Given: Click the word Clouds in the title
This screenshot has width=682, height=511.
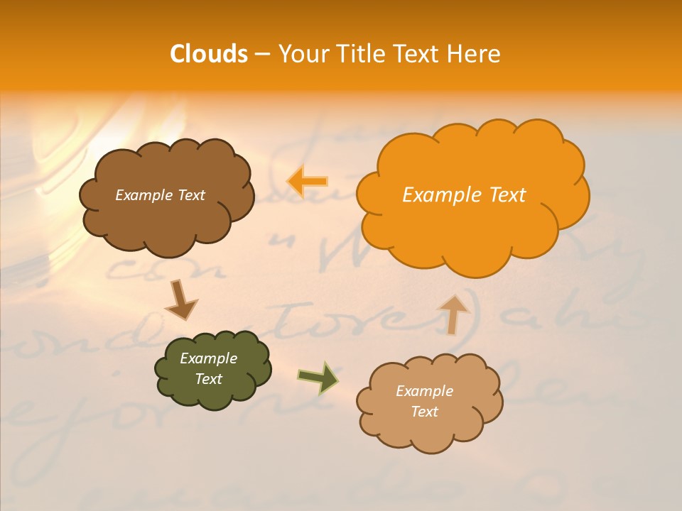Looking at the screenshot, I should coord(209,53).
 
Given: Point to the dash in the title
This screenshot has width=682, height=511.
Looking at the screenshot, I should coord(262,55).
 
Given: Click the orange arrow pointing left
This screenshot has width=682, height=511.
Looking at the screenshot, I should coord(308,182).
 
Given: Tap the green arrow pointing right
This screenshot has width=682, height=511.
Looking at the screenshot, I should coord(318,377).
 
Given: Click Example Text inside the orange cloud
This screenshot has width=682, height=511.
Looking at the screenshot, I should coord(464,194).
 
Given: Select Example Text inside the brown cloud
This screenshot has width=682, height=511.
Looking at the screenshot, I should coord(160,195).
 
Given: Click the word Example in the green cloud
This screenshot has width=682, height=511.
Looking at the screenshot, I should coord(208,358).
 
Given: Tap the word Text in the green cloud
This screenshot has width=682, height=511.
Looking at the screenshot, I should coord(208,379).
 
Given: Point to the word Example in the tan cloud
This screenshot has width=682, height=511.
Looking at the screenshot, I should coord(424,391).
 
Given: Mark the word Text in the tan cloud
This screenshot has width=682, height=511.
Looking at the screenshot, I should coord(424,412).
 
